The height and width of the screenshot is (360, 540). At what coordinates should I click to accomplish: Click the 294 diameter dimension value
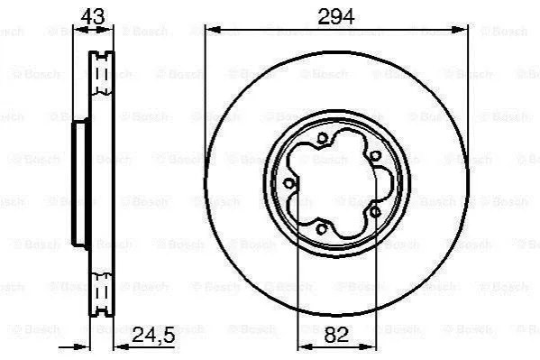pyautogui.click(x=335, y=16)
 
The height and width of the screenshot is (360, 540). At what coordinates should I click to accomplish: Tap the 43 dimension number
pyautogui.click(x=93, y=16)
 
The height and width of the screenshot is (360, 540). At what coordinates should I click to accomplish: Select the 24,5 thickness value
pyautogui.click(x=153, y=335)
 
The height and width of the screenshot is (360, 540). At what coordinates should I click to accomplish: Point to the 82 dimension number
pyautogui.click(x=336, y=335)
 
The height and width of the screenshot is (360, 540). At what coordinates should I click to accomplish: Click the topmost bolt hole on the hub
pyautogui.click(x=322, y=139)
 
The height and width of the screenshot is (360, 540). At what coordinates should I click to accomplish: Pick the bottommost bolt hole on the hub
pyautogui.click(x=321, y=228)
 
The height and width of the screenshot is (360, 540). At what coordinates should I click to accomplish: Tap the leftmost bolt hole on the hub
pyautogui.click(x=288, y=183)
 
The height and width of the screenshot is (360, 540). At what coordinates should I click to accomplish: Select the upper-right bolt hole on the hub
pyautogui.click(x=375, y=156)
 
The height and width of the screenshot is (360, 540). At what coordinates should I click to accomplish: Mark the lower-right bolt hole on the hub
pyautogui.click(x=375, y=212)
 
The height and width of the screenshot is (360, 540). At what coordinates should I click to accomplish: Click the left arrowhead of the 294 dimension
pyautogui.click(x=213, y=31)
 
